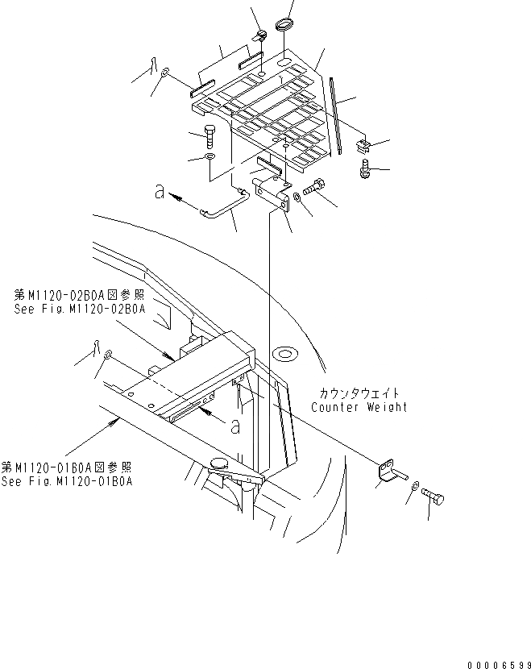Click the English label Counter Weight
359,407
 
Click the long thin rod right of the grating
336,113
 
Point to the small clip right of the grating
364,147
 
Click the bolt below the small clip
364,169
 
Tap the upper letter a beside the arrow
160,193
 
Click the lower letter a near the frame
234,427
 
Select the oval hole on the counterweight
284,351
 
